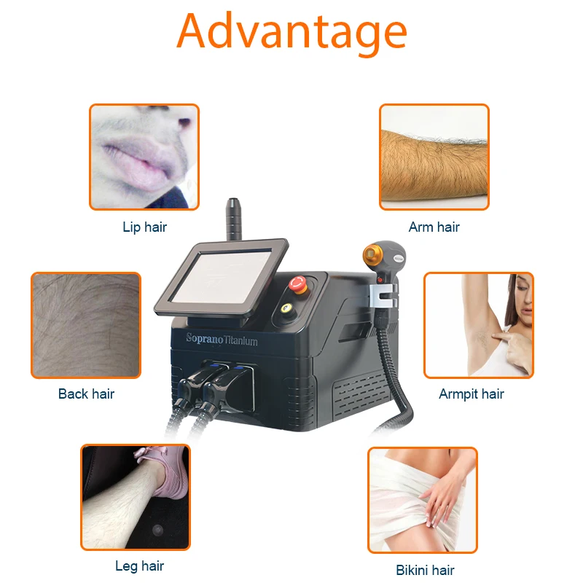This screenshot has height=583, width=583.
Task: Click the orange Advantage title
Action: pyautogui.click(x=291, y=31)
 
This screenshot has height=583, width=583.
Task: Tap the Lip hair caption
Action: pyautogui.click(x=144, y=227)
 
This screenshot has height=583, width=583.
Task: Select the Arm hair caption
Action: pyautogui.click(x=434, y=227)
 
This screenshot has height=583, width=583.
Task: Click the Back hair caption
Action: pyautogui.click(x=86, y=394)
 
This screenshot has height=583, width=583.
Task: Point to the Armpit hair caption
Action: pyautogui.click(x=471, y=394)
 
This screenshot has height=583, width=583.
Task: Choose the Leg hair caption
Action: pyautogui.click(x=139, y=566)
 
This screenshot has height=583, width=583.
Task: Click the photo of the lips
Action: pyautogui.click(x=144, y=157)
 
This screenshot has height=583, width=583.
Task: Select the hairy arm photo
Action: pyautogui.click(x=434, y=157)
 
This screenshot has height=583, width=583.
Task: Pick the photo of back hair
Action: pyautogui.click(x=85, y=325)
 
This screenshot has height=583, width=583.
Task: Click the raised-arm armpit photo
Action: pyautogui.click(x=478, y=325)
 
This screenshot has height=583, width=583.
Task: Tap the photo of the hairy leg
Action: pyautogui.click(x=135, y=497)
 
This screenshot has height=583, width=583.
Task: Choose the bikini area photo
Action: pyautogui.click(x=422, y=500)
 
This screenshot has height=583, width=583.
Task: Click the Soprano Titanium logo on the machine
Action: pyautogui.click(x=222, y=340)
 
